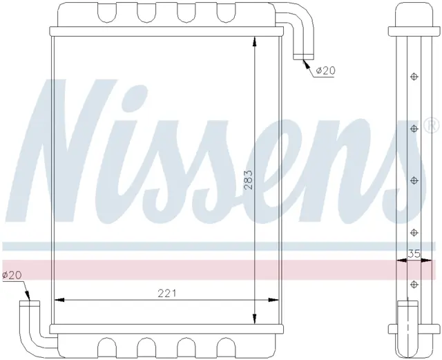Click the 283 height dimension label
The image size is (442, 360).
tap(249, 180)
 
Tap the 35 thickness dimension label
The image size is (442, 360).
tap(414, 254)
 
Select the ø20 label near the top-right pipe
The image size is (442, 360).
tap(325, 70)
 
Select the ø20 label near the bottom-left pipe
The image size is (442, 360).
tap(12, 275)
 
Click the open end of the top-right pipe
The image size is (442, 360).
tap(303, 57)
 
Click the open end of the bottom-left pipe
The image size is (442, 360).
tap(30, 303)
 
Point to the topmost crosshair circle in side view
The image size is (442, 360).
tap(414, 77)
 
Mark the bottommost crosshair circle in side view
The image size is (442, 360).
tap(414, 285)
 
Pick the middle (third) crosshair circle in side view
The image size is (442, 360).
tap(414, 180)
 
